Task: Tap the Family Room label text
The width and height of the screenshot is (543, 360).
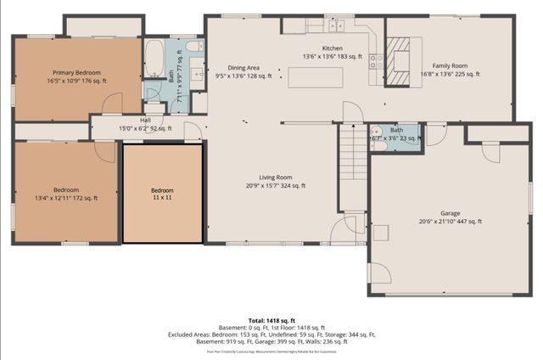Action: tap(450, 65)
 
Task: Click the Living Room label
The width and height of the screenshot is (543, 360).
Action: tap(275, 177)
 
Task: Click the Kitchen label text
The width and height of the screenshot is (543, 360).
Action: tap(332, 48)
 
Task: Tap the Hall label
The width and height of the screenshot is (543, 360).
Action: tap(145, 121)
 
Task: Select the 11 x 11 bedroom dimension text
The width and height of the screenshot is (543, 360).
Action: tap(162, 197)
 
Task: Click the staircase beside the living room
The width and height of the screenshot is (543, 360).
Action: tap(351, 165)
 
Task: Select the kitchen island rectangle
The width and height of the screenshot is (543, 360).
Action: tap(316, 76)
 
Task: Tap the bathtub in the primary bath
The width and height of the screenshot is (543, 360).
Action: tap(156, 59)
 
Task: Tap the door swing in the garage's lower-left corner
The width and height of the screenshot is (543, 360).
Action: tap(380, 273)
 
